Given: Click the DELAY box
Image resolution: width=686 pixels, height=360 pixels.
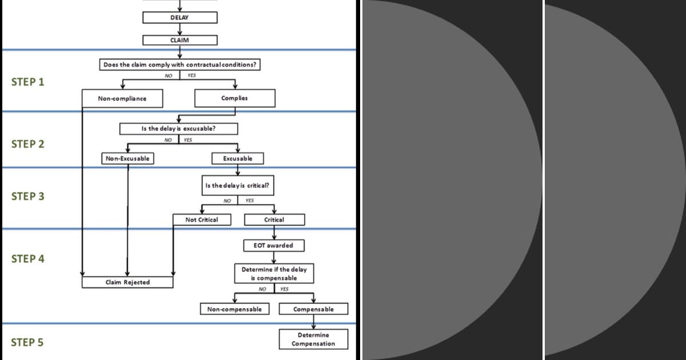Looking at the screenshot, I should [x=180, y=18].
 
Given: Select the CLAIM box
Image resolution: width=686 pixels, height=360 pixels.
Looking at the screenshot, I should [x=180, y=41].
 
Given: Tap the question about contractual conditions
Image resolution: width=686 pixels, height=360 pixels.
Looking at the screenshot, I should [x=180, y=65].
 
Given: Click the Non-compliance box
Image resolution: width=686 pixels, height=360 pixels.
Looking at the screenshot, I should [x=122, y=98].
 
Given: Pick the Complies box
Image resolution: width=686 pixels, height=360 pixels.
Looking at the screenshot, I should [x=234, y=98].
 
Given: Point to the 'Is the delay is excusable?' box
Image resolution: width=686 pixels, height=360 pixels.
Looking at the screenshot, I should [x=178, y=129].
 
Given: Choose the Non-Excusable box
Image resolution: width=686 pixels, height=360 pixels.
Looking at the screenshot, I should [x=128, y=158].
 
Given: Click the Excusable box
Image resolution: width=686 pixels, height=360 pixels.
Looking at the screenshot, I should [x=237, y=158].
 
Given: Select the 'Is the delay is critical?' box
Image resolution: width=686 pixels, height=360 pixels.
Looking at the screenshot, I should [x=237, y=186].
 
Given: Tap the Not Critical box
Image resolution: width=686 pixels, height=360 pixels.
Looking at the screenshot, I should [x=202, y=219].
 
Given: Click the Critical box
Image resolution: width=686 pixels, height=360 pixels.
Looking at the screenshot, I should [x=274, y=219].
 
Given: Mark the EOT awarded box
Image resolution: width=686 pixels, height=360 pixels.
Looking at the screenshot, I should [x=274, y=246].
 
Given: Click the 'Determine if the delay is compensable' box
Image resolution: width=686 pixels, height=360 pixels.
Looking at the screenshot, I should [x=274, y=274].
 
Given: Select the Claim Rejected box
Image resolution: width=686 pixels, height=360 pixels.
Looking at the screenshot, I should [x=127, y=282].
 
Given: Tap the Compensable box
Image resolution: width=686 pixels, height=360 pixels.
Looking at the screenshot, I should [x=313, y=309].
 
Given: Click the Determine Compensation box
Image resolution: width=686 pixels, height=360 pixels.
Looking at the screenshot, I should [x=313, y=339].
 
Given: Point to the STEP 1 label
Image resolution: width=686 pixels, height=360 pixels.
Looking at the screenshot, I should [x=27, y=82].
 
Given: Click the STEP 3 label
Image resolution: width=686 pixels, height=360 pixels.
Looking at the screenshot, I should [x=27, y=197].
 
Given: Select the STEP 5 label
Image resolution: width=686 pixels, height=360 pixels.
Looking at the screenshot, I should [x=27, y=343].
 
